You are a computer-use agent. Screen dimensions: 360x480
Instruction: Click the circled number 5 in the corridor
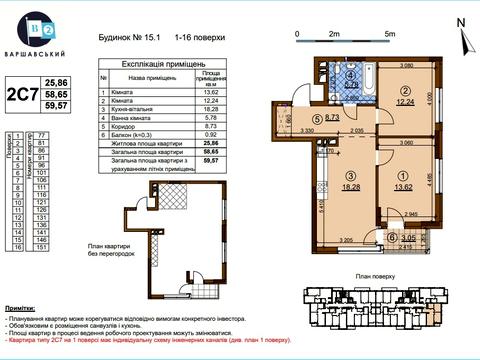click(316, 117)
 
